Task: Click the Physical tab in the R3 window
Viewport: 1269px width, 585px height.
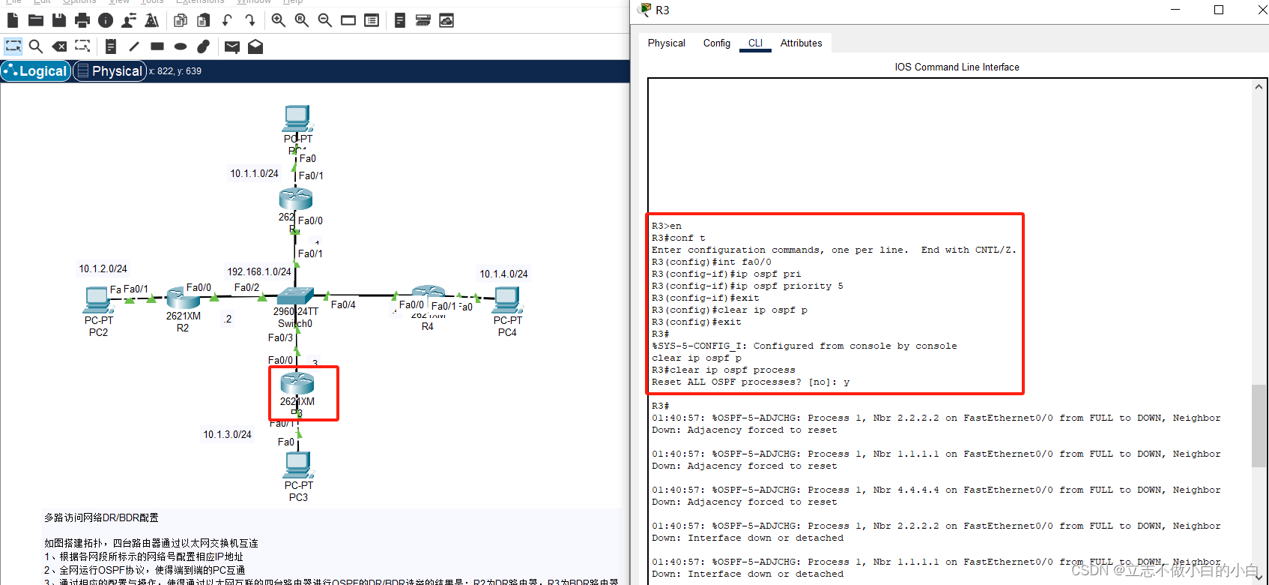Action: (666, 43)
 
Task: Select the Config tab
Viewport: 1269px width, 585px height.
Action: (716, 43)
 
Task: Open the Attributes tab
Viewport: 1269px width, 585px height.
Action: (801, 43)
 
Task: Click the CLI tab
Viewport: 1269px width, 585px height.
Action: (755, 43)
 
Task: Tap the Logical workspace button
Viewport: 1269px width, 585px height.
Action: (36, 71)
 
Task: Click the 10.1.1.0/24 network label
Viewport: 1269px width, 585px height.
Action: (254, 174)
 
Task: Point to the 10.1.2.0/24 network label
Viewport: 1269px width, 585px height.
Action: (103, 269)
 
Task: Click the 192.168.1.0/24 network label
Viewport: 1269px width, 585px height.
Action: (259, 272)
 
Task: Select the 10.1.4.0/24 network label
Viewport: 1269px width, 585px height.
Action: (503, 274)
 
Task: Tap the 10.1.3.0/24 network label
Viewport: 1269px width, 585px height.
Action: (227, 435)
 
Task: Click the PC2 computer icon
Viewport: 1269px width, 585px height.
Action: (97, 300)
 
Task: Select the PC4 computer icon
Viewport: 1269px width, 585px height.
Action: (507, 300)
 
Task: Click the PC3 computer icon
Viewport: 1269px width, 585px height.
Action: (298, 465)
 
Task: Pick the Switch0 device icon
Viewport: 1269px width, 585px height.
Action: (295, 295)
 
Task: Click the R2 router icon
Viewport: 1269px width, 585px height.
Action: (183, 298)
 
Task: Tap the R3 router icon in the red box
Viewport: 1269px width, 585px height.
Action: (297, 383)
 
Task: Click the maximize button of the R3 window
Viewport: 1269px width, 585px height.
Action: (1219, 10)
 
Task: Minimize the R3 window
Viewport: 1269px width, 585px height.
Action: (1175, 10)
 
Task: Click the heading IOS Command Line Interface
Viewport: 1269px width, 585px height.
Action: (957, 67)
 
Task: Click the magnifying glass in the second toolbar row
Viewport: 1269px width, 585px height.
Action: (35, 46)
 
